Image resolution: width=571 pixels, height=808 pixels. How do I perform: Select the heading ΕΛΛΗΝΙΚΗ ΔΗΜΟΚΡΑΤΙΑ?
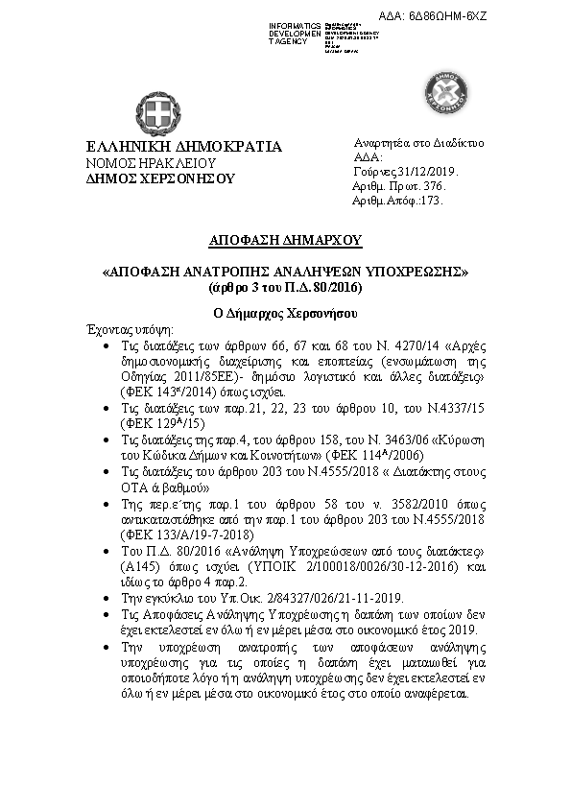coord(184,147)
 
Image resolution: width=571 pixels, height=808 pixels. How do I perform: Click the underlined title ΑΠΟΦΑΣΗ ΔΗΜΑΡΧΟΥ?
coord(285,239)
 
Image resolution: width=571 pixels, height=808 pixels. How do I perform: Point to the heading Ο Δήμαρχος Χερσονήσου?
coord(285,314)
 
